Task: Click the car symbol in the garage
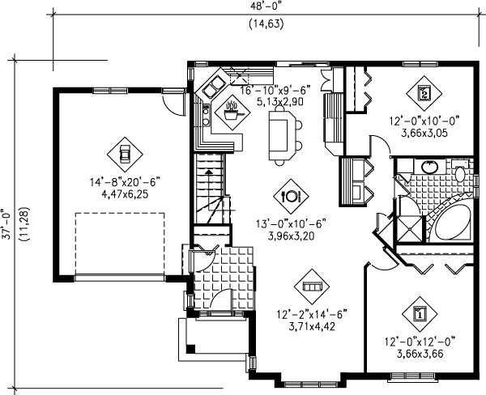(123, 151)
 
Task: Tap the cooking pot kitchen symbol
(232, 111)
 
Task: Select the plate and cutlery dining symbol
(290, 195)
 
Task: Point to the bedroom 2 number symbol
(424, 92)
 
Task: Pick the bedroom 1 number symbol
(420, 312)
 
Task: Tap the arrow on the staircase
(209, 170)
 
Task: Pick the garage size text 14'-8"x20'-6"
(124, 184)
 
